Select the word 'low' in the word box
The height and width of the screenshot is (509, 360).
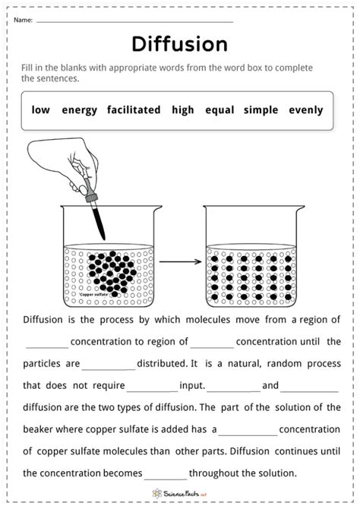coord(41,110)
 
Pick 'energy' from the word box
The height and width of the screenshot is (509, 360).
coord(80,110)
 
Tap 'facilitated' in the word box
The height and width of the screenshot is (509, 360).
coord(134,110)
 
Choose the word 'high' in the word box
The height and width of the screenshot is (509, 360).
coord(183,110)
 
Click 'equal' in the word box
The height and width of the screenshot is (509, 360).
coord(219,110)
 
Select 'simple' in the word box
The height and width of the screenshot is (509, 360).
coord(261,110)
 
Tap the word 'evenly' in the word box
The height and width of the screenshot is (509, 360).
coord(305,110)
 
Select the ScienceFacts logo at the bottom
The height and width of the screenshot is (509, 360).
coord(180,493)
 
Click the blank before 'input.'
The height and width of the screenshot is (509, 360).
coord(152,386)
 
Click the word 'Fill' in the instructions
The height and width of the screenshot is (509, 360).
coord(30,68)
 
